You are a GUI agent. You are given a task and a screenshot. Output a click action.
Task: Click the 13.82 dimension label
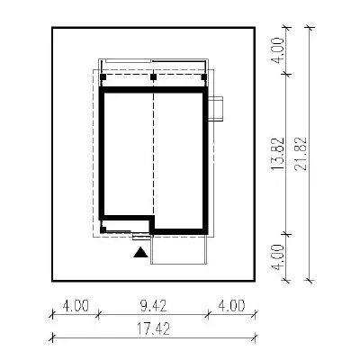click(x=277, y=154)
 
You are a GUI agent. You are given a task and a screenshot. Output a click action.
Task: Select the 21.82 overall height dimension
click(x=301, y=154)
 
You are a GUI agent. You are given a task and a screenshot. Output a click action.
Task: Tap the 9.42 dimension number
click(x=153, y=306)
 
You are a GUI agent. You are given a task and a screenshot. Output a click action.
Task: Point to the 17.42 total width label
click(x=154, y=328)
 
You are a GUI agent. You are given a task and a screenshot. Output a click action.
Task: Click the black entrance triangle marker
click(x=140, y=253)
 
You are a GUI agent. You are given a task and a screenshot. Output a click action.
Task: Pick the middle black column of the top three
click(x=154, y=77)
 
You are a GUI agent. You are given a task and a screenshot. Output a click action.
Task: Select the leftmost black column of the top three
click(x=103, y=77)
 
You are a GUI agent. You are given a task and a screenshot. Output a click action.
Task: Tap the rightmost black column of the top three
click(x=204, y=77)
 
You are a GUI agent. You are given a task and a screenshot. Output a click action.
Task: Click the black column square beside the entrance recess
click(x=103, y=230)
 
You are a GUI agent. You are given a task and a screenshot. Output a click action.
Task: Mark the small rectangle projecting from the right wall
click(x=216, y=109)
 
